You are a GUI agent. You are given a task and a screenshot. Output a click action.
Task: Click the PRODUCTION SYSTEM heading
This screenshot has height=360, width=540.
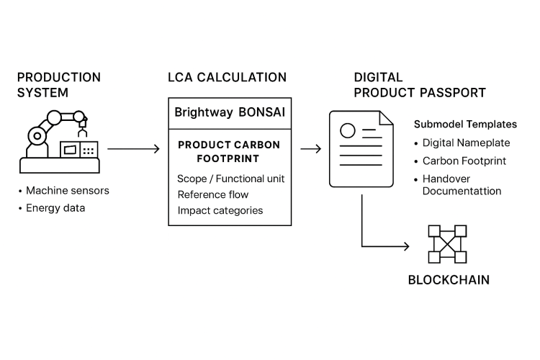tap(59, 85)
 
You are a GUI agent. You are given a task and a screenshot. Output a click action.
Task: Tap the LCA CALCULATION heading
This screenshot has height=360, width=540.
tap(227, 77)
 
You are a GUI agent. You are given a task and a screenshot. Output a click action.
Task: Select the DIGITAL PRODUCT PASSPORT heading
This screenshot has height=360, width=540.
tap(420, 85)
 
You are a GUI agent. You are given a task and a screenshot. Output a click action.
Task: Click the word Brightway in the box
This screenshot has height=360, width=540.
tap(204, 112)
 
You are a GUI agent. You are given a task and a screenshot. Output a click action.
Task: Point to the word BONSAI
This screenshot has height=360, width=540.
tap(262, 112)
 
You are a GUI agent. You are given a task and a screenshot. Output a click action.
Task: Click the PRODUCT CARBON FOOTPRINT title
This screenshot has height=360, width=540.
tap(229, 152)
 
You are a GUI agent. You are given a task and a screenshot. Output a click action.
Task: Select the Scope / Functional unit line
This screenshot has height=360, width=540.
tap(230, 179)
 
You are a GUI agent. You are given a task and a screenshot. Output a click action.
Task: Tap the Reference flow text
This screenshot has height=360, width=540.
tap(213, 194)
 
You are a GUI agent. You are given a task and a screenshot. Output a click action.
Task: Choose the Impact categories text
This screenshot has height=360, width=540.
tap(220, 210)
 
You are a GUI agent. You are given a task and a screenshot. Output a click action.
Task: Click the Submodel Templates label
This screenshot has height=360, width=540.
tap(465, 125)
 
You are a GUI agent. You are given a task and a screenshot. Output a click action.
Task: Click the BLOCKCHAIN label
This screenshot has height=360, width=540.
tap(449, 280)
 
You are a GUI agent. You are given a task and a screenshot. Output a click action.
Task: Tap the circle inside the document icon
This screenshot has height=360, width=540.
tap(348, 131)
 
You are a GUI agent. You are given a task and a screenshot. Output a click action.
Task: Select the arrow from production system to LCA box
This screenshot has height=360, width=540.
tap(134, 149)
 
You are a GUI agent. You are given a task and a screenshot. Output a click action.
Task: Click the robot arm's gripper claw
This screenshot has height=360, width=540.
tap(83, 132)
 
